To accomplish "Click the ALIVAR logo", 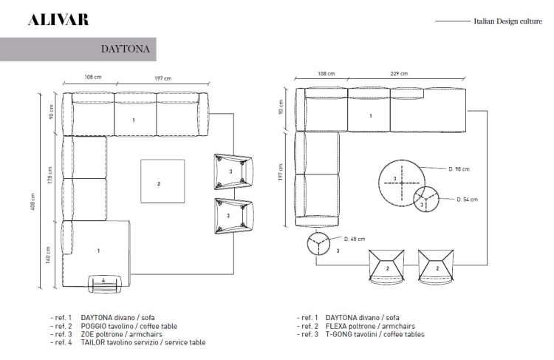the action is [x=58, y=20].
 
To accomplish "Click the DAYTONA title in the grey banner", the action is [x=126, y=49].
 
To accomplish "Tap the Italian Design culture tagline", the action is [x=507, y=21].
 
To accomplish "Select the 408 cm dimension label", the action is [x=33, y=202].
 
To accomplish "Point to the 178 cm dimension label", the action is [x=49, y=175].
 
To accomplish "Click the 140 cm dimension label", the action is [x=48, y=254].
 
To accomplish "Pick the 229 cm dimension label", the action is [x=399, y=74].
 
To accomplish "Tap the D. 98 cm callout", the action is [x=459, y=169].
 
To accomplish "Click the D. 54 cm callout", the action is [x=467, y=200].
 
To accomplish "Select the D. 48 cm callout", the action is [x=355, y=239].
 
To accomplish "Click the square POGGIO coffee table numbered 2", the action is [x=163, y=181].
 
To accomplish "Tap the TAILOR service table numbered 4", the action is [x=105, y=284].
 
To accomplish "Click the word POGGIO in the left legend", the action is [x=93, y=326].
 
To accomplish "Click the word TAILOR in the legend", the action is [x=92, y=342].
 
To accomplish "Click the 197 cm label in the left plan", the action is [x=163, y=78].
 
